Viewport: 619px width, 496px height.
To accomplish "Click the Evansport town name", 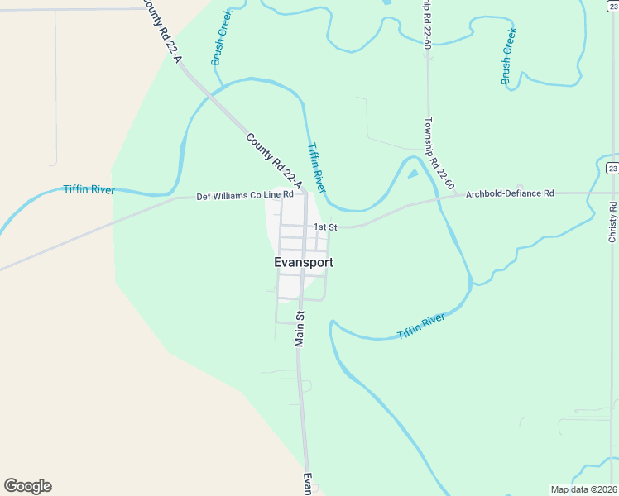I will click(304, 262).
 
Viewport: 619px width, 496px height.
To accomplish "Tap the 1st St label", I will click(324, 227).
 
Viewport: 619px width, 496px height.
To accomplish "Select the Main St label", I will click(301, 328).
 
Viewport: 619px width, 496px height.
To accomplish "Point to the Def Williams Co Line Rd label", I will click(245, 196).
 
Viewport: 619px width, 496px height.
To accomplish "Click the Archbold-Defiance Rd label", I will click(509, 193).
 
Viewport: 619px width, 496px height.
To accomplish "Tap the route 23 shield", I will click(612, 169).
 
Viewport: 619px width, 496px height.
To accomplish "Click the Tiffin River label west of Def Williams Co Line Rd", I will click(89, 189).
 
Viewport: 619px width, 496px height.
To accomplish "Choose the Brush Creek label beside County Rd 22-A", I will click(222, 39).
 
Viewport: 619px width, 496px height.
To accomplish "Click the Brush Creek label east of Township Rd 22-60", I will click(509, 56).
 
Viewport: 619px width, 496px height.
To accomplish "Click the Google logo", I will click(27, 485).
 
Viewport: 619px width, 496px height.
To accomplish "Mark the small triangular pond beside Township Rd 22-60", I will click(412, 174).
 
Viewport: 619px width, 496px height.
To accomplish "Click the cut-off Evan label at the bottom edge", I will click(307, 484).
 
